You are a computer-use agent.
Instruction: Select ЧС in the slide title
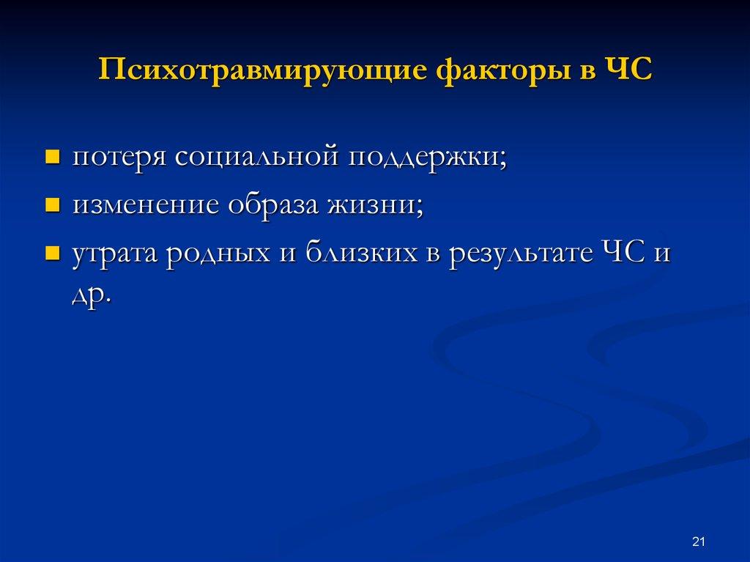(x=628, y=73)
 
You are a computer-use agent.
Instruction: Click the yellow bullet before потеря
(x=52, y=157)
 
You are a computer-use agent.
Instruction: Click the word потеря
(x=119, y=157)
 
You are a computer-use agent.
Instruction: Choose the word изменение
(x=145, y=205)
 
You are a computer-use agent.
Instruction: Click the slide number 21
(x=697, y=541)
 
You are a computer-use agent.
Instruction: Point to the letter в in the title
(x=584, y=73)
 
